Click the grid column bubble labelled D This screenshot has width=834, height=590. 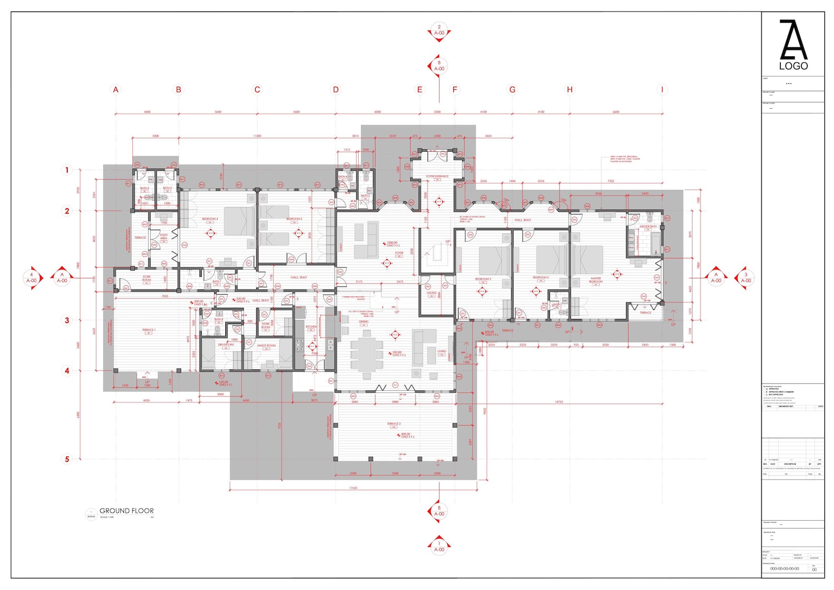[336, 89]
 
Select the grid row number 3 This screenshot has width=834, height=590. [67, 320]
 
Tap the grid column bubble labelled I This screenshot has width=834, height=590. [662, 89]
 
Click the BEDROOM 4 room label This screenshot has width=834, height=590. [210, 219]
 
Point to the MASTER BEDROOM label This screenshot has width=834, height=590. [596, 280]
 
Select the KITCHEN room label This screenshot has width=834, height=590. [311, 327]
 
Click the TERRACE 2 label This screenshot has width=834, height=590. [394, 423]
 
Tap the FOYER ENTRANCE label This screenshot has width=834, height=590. [437, 177]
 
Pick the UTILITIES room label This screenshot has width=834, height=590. [432, 293]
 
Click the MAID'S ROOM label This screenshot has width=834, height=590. [266, 346]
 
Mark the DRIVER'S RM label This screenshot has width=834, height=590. [226, 345]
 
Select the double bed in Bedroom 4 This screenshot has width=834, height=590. [239, 221]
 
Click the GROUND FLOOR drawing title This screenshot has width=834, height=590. [127, 511]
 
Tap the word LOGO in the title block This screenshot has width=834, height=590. [793, 66]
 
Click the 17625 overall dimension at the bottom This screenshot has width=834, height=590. [353, 488]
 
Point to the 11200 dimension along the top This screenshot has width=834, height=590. [257, 136]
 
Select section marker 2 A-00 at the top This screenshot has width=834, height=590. [439, 30]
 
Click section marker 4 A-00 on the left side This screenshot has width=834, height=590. [32, 277]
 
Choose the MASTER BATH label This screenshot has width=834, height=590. [648, 226]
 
